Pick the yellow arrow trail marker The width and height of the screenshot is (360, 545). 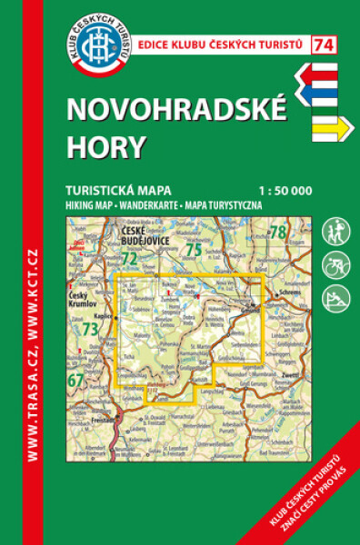pyautogui.click(x=327, y=130)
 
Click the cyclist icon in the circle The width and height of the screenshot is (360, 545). pyautogui.click(x=333, y=264)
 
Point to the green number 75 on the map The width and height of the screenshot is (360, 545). pyautogui.click(x=193, y=249)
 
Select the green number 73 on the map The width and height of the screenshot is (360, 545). pyautogui.click(x=89, y=330)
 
